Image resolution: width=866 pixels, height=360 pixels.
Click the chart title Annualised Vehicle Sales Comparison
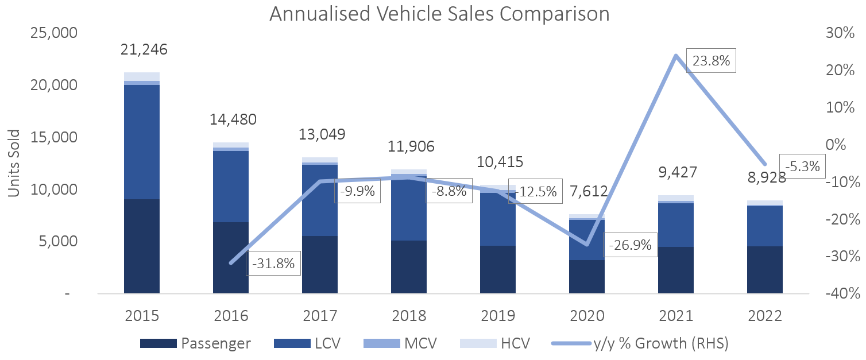pos(439,14)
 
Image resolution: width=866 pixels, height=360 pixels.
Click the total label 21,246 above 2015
pos(144,50)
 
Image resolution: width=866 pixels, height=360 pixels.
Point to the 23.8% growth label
pos(712,61)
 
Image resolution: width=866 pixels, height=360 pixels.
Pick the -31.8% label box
pos(273,264)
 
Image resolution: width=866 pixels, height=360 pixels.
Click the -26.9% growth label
pos(630,245)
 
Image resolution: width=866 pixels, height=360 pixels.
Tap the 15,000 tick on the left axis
pos(52,137)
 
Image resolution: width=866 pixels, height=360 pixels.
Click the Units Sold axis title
pos(14,163)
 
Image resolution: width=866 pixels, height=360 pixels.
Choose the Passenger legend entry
pos(196,343)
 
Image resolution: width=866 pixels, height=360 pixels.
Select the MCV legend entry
pos(400,343)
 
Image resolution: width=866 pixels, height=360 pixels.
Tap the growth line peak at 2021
pos(675,56)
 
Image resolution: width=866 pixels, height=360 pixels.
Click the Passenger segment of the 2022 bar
pos(764,269)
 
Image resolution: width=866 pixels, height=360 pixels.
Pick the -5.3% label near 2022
pos(802,167)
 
